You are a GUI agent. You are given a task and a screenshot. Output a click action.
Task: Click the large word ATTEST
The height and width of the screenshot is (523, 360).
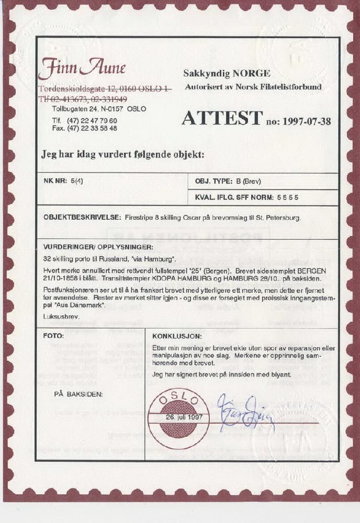click(221, 119)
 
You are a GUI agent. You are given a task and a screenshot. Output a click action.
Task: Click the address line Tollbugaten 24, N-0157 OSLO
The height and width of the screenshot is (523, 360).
click(99, 109)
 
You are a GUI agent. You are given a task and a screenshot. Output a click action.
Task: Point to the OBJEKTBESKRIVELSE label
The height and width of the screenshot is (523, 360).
click(82, 217)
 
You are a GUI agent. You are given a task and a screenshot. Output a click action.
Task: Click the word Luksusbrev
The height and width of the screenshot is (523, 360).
click(58, 316)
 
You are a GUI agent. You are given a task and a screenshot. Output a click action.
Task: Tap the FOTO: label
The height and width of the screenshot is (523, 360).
click(54, 335)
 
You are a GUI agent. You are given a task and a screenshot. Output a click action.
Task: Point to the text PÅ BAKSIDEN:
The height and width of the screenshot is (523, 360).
click(78, 394)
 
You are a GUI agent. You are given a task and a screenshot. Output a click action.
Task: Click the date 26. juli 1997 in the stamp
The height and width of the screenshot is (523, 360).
click(179, 417)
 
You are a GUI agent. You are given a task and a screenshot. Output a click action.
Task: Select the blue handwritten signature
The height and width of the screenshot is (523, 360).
click(245, 413)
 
